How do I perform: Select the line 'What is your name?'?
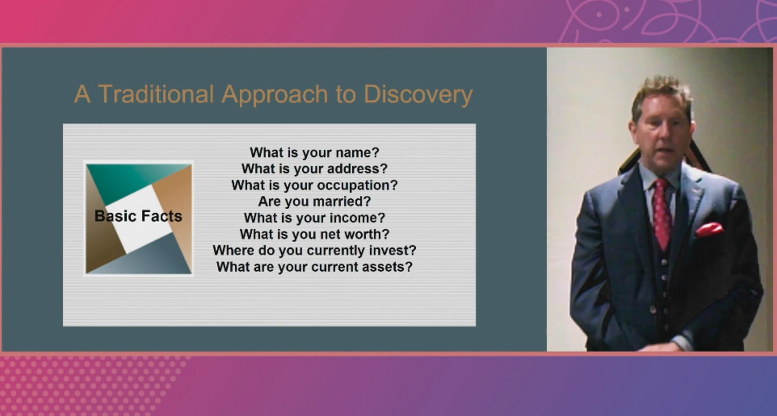pos(314,152)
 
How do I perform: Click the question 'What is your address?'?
pos(314,169)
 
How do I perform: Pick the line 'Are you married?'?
pos(314,201)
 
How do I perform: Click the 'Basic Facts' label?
pos(138,216)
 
